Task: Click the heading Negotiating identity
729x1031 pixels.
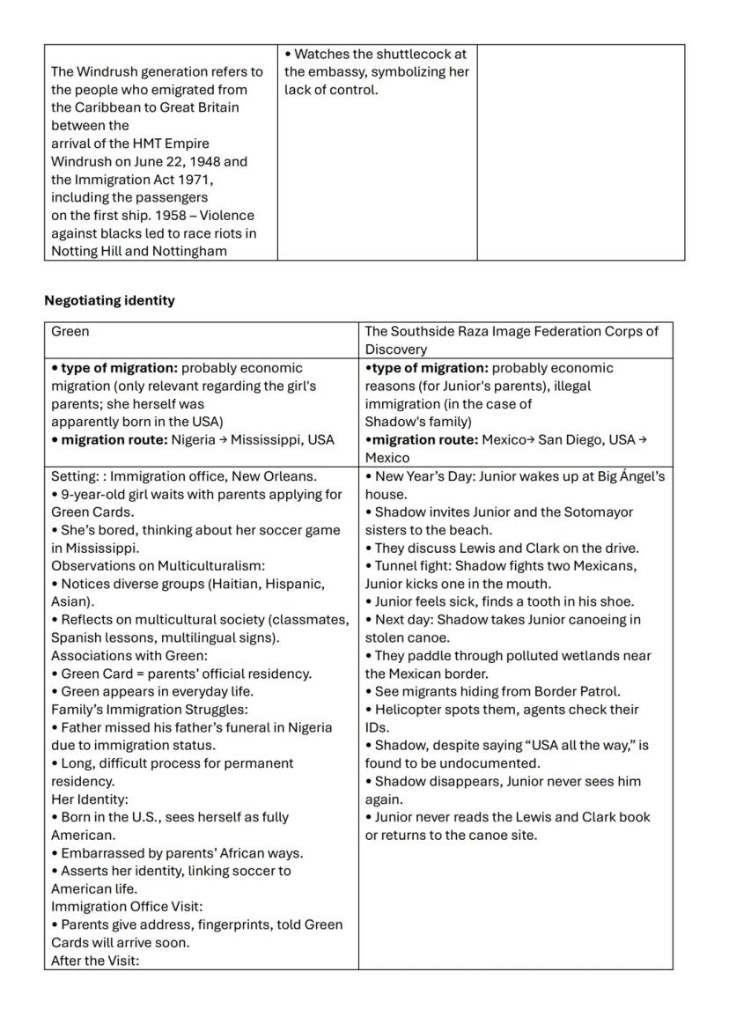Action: [x=109, y=300]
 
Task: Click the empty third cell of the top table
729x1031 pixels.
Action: [x=580, y=152]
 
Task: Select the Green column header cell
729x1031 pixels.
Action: [x=201, y=332]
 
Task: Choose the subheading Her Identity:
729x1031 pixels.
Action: [x=89, y=799]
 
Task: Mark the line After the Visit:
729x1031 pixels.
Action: [x=95, y=961]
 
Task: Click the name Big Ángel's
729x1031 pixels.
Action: [x=626, y=476]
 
